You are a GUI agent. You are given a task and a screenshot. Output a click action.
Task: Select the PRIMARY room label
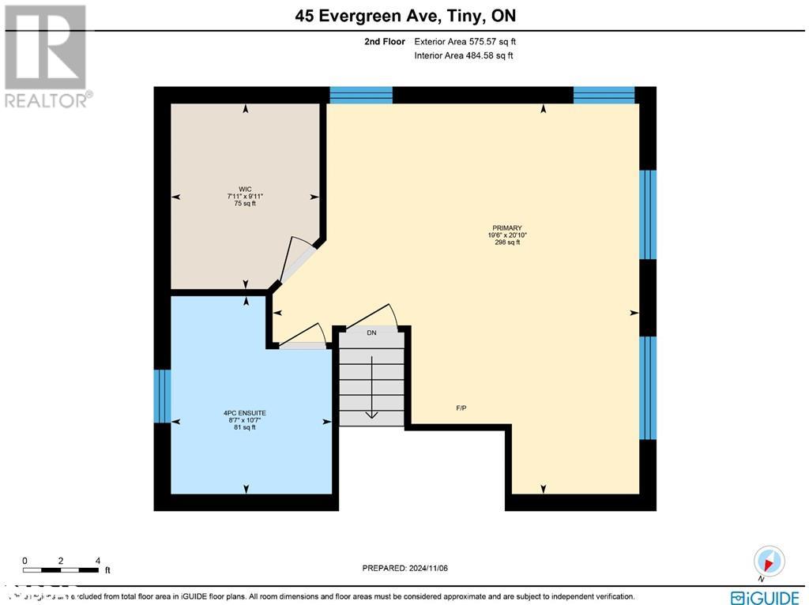click(507, 227)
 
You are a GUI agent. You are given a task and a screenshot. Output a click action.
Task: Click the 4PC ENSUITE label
click(244, 412)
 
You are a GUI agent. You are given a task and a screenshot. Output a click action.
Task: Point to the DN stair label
click(371, 333)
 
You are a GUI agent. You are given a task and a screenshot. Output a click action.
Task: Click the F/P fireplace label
click(461, 408)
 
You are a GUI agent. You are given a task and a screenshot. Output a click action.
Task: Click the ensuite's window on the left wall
click(162, 395)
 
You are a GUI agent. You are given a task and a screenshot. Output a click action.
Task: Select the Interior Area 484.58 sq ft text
click(463, 55)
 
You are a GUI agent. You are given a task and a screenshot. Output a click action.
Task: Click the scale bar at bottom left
click(61, 569)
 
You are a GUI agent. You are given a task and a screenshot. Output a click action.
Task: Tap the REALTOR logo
click(46, 55)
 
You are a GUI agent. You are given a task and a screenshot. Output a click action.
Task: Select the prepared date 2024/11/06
click(404, 568)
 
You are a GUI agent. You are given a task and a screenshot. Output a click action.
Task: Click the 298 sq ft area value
click(507, 242)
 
